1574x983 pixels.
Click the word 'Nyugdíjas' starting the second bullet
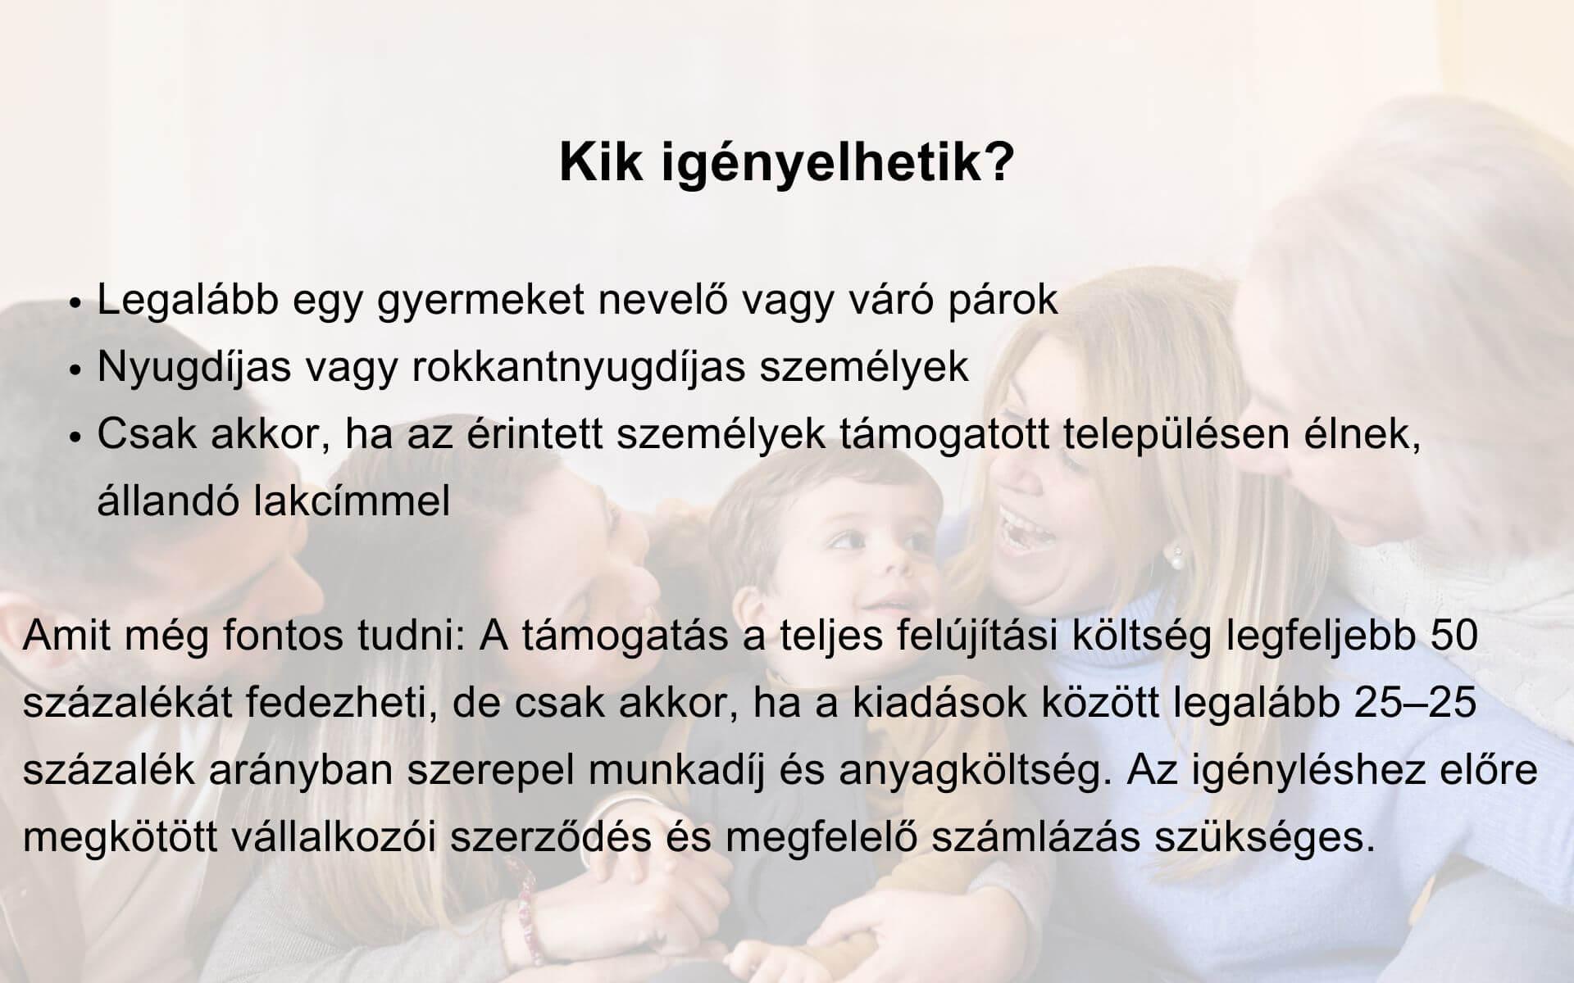coord(194,368)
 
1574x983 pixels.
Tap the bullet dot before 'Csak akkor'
coord(76,437)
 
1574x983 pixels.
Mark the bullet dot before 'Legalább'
coord(76,303)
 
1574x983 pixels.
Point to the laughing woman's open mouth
coord(1026,532)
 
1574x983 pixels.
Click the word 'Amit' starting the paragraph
coord(65,636)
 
